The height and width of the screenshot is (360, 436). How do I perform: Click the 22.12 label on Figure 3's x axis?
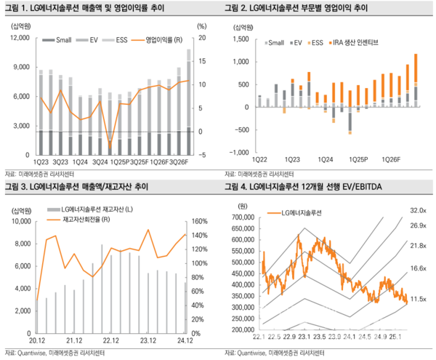[x=111, y=340]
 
